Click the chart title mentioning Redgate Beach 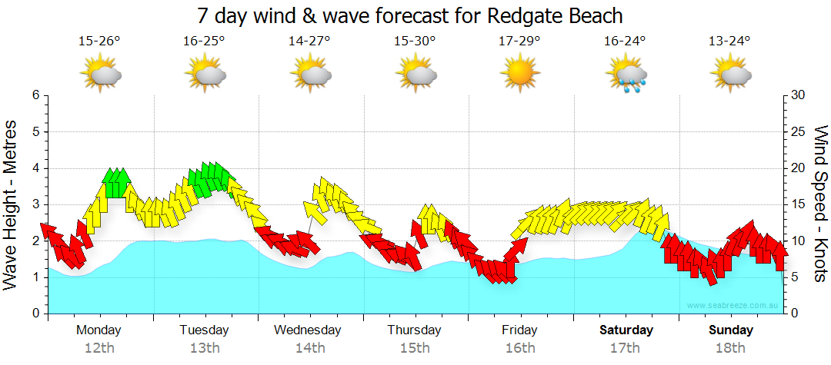tap(409, 15)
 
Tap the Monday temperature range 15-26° tap(99, 41)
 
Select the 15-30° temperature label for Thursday tap(415, 41)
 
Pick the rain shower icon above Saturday tap(626, 75)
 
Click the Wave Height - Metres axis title tap(11, 204)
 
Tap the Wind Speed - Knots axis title tap(819, 204)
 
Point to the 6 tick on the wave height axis tap(35, 95)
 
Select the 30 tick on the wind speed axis tap(798, 95)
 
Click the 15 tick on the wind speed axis tap(798, 204)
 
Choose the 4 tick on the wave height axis tap(35, 168)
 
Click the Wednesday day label tap(308, 330)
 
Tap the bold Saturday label tap(626, 330)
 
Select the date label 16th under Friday tap(520, 348)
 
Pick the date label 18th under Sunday tap(731, 348)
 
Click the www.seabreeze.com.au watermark tap(734, 306)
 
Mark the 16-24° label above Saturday tap(625, 41)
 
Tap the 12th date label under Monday tap(98, 348)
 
